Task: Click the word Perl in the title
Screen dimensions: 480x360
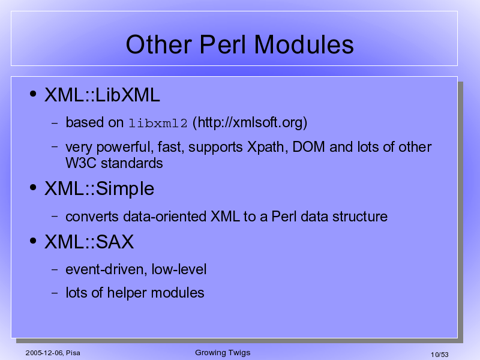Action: coord(223,44)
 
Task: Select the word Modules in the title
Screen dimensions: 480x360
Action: coord(304,44)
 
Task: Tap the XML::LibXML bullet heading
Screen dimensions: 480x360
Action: coord(102,95)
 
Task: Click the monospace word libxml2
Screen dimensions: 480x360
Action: coord(158,123)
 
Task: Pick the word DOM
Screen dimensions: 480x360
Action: coord(308,146)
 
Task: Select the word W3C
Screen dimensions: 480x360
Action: coord(81,163)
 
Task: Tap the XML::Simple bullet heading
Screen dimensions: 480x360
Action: coord(100,189)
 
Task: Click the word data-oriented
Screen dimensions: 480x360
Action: coord(164,217)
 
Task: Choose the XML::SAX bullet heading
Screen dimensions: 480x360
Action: coord(89,242)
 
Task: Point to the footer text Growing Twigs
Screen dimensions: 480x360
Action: coord(223,353)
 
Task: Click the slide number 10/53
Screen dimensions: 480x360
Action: coord(440,355)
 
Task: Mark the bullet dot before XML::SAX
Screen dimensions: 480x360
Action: coord(33,241)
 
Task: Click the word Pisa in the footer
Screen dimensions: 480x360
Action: coord(73,353)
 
